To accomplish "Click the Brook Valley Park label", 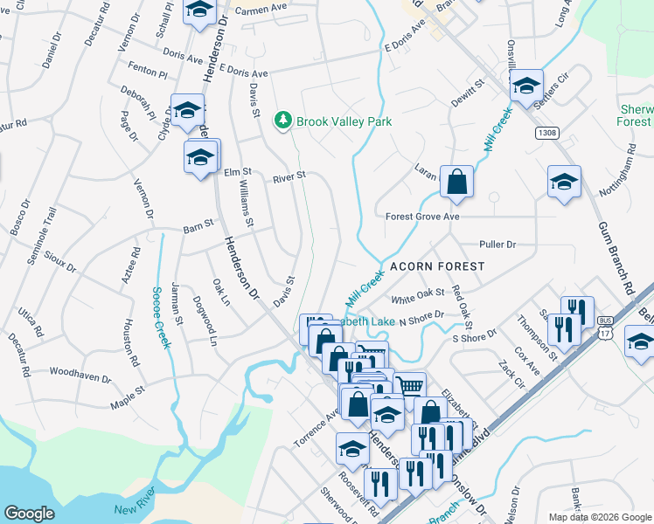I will click(344, 121).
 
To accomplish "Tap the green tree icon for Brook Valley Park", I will click(282, 121).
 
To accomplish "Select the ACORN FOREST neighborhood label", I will click(425, 265).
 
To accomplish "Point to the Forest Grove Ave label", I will click(422, 216).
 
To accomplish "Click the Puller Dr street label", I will click(497, 245).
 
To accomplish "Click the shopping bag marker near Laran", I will click(456, 183).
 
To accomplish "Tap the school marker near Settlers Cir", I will click(525, 86).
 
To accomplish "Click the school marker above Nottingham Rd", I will click(564, 183).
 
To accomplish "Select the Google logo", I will click(29, 513).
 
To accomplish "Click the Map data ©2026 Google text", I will click(599, 517).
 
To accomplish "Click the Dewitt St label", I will click(468, 91).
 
